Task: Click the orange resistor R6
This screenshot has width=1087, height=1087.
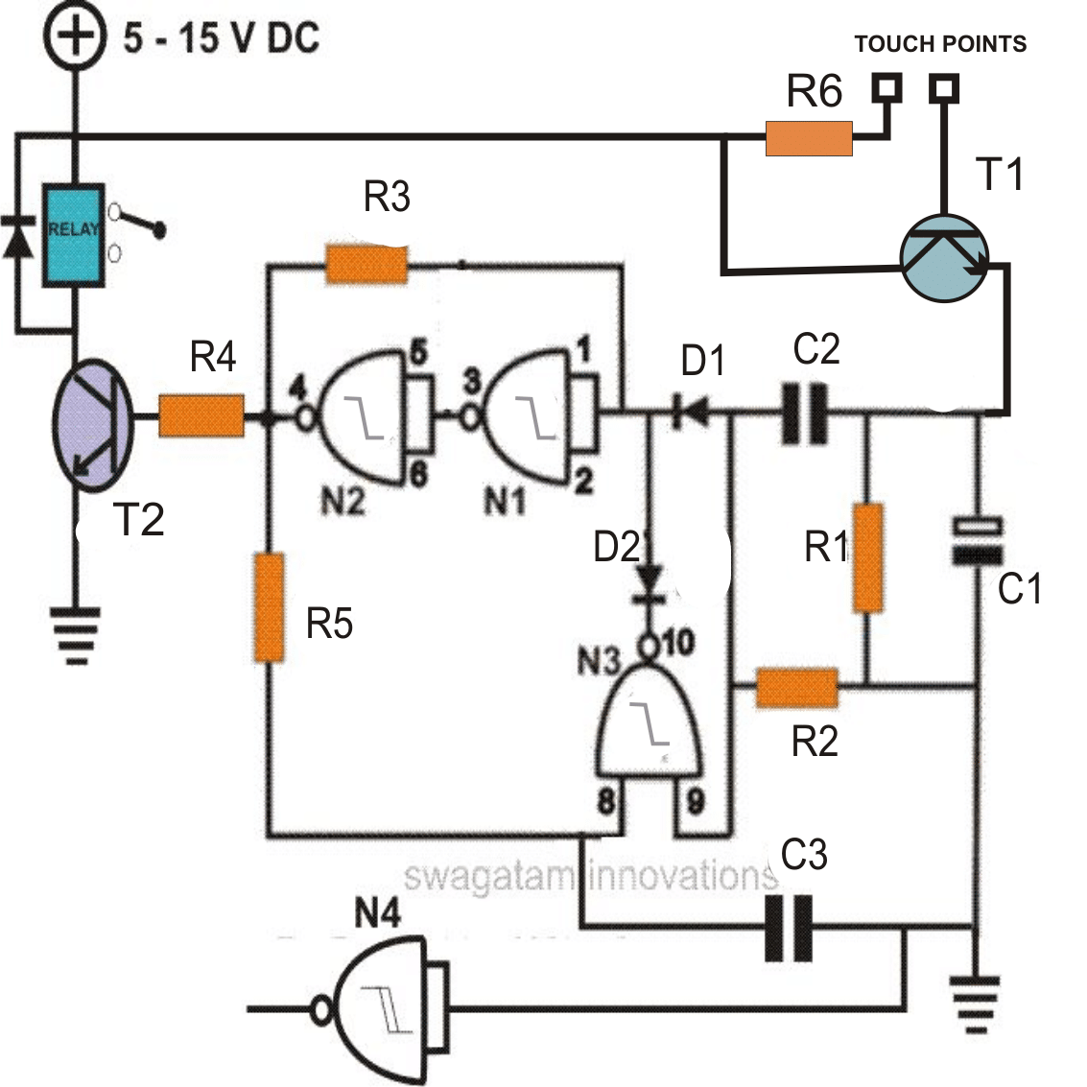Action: [x=809, y=138]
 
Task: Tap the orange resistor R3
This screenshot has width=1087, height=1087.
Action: [x=366, y=264]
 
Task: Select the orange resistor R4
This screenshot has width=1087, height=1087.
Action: [x=201, y=416]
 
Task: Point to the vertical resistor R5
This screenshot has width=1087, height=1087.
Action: [x=270, y=606]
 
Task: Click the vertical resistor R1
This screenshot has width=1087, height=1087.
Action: [x=867, y=557]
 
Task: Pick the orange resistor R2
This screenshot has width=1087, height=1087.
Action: [x=797, y=688]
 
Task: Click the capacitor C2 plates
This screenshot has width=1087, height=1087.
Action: [x=804, y=414]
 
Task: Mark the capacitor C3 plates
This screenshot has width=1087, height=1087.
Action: [x=789, y=928]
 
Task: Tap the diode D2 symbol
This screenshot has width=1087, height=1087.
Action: [x=650, y=580]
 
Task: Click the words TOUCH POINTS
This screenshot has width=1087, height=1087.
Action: [x=939, y=44]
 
